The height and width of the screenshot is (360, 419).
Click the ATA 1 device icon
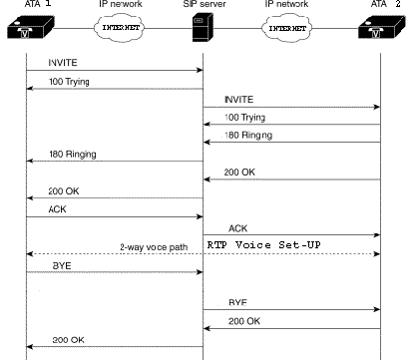[x=31, y=28]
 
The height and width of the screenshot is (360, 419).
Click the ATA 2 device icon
[x=382, y=27]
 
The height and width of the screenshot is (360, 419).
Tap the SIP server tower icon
[x=203, y=27]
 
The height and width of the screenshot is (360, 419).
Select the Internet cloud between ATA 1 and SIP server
[x=120, y=28]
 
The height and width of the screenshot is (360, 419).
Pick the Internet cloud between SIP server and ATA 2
[x=287, y=28]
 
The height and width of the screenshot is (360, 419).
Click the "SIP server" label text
[x=205, y=4]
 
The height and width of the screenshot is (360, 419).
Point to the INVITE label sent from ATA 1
[x=63, y=63]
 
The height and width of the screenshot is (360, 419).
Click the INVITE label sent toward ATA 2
[x=239, y=100]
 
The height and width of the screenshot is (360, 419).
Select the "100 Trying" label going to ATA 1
[x=69, y=82]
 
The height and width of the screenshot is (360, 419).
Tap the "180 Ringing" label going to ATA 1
[x=73, y=155]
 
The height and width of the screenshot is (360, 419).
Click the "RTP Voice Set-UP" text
[x=264, y=245]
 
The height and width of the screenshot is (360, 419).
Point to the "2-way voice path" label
[x=154, y=247]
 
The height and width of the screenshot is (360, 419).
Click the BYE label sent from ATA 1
[x=62, y=266]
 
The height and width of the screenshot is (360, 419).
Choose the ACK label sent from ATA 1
[x=58, y=209]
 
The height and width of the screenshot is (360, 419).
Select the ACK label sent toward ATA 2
[x=238, y=228]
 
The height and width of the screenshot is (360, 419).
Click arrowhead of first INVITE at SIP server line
[x=200, y=70]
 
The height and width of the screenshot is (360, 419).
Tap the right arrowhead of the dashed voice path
[x=377, y=254]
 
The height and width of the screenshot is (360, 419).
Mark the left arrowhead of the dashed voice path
[x=30, y=254]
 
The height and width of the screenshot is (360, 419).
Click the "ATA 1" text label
[x=38, y=4]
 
